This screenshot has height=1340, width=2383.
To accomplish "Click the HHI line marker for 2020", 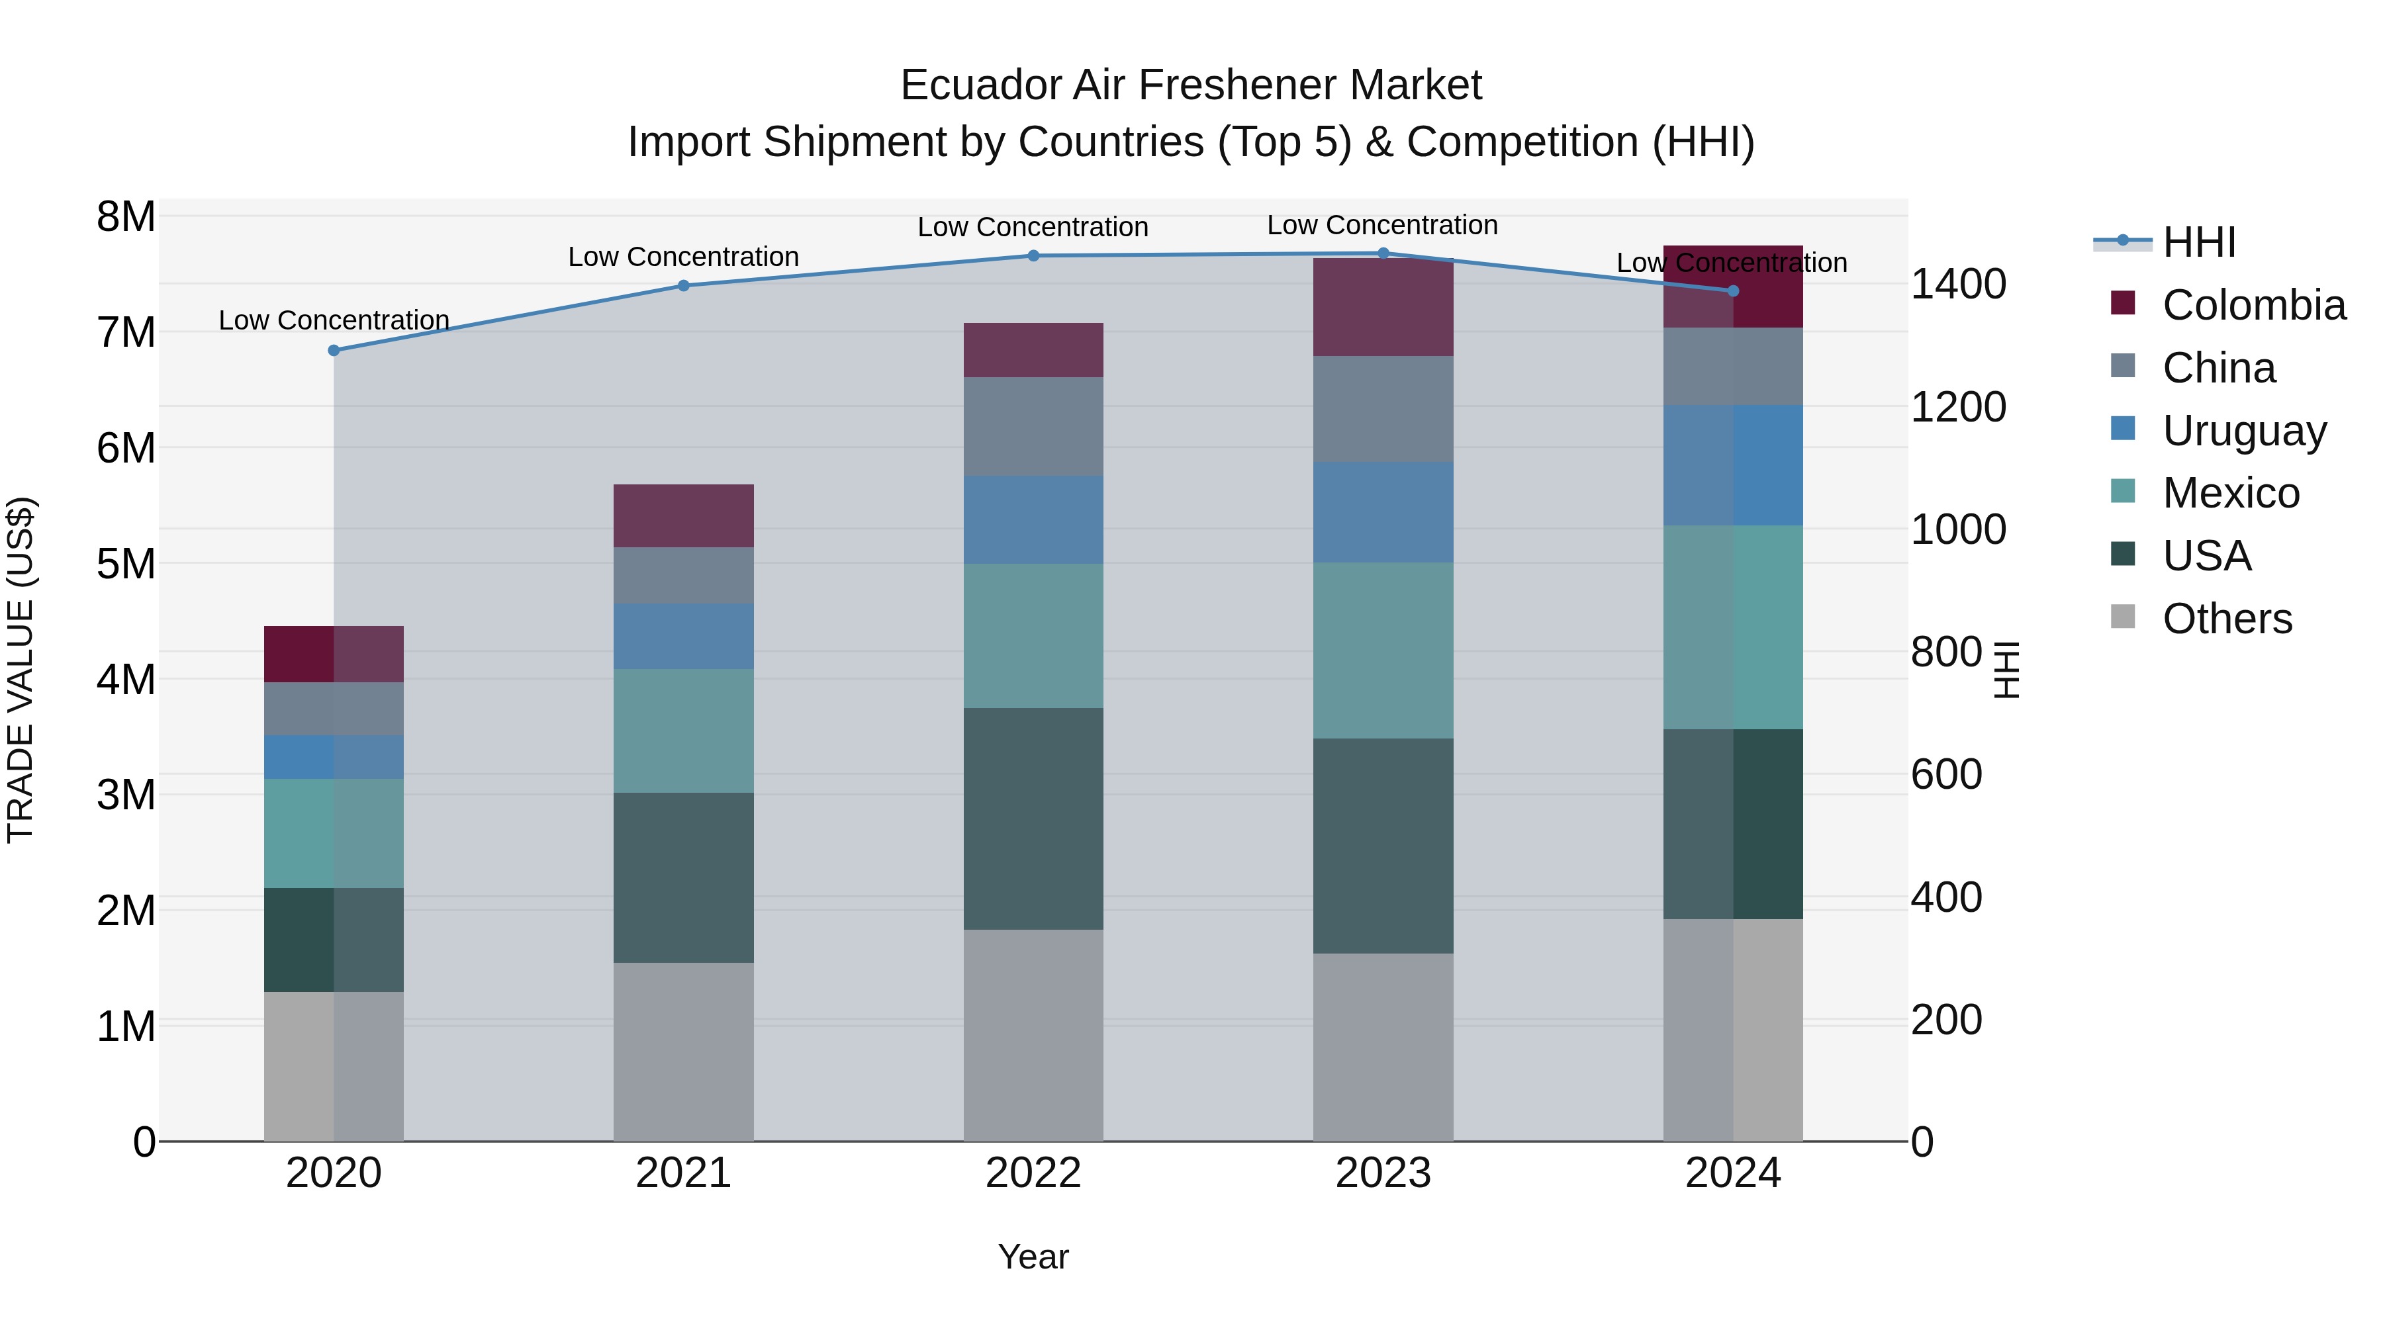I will (334, 351).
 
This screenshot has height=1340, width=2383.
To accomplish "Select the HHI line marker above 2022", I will (1033, 256).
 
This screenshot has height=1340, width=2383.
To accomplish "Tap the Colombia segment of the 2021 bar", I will (684, 516).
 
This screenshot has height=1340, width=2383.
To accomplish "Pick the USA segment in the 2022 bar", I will (1033, 819).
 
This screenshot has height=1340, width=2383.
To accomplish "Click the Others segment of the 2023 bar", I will (1383, 1047).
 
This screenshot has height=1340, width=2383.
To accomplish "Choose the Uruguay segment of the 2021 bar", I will (684, 636).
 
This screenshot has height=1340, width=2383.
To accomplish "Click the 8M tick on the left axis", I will (126, 217).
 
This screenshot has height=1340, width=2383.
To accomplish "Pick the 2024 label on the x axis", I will (1733, 1173).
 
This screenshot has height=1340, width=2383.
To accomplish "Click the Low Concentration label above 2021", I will (684, 257).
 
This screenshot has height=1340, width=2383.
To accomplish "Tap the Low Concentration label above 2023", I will (1382, 225).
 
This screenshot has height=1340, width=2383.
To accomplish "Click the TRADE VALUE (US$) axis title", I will (21, 670).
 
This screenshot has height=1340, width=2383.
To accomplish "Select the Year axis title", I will (1033, 1257).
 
